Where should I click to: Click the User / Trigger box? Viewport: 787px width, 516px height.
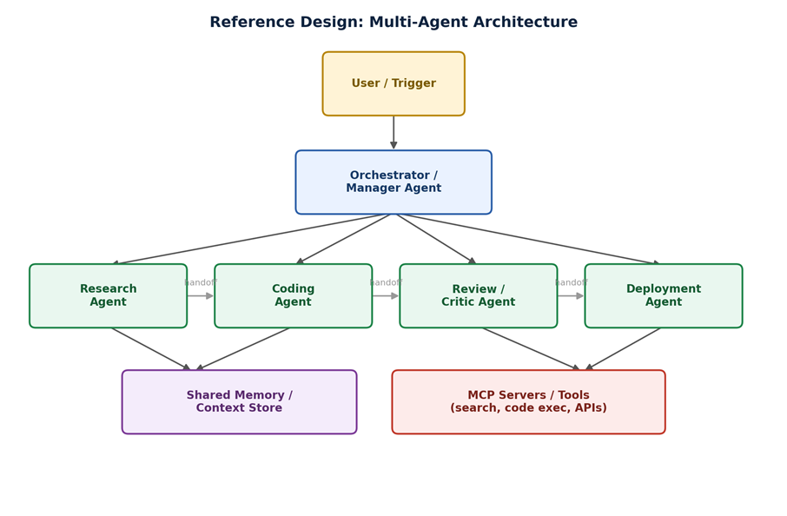coord(393,83)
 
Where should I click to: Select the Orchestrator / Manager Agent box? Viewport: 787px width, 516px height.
coord(393,182)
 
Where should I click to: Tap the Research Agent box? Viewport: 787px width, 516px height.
coord(109,295)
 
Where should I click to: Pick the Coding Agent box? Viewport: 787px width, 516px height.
coord(293,295)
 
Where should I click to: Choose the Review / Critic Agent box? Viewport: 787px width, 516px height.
coord(479,295)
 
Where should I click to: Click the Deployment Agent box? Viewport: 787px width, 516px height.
coord(664,295)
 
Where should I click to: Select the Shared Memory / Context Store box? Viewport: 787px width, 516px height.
coord(240,402)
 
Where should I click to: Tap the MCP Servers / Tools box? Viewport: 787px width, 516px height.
coord(528,402)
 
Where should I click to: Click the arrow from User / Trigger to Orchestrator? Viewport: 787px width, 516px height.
coord(393,133)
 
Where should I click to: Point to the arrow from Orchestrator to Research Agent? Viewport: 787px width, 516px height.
coord(249,239)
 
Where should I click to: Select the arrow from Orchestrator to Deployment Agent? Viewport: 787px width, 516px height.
coord(531,239)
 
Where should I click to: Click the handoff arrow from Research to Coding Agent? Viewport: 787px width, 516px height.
coord(201,296)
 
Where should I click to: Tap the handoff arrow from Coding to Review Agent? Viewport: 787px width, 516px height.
coord(386,296)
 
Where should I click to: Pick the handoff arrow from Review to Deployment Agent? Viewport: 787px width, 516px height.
coord(572,296)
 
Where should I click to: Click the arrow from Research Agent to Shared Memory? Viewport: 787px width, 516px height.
coord(151,349)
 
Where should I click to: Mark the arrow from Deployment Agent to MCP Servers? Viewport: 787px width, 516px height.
coord(623,349)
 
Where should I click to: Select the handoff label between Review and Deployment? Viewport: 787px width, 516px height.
coord(572,282)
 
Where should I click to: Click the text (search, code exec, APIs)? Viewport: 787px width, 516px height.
coord(528,407)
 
